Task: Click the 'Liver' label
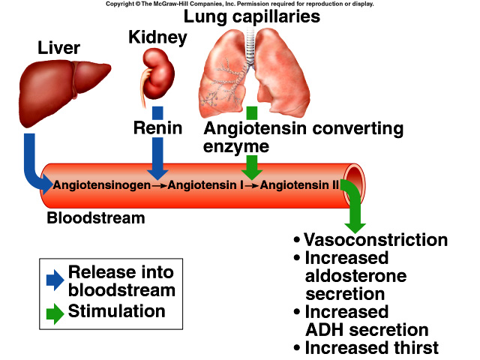point(58,49)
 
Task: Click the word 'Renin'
point(157,127)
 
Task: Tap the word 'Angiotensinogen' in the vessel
point(97,184)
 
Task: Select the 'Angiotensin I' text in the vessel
point(205,184)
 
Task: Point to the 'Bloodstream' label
point(96,218)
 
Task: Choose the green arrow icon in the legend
point(55,313)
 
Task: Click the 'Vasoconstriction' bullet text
point(376,240)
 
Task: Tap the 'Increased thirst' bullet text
point(371,347)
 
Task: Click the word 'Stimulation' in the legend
point(116,310)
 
